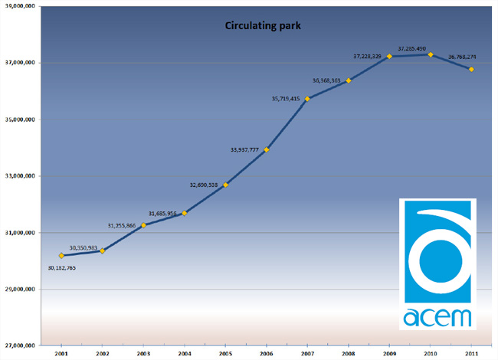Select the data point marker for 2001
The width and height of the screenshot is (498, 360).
61,255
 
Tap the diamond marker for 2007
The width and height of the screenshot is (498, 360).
307,99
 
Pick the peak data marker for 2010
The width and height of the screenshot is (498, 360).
431,54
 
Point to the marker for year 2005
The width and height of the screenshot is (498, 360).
225,185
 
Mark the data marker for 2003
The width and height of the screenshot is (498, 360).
143,224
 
